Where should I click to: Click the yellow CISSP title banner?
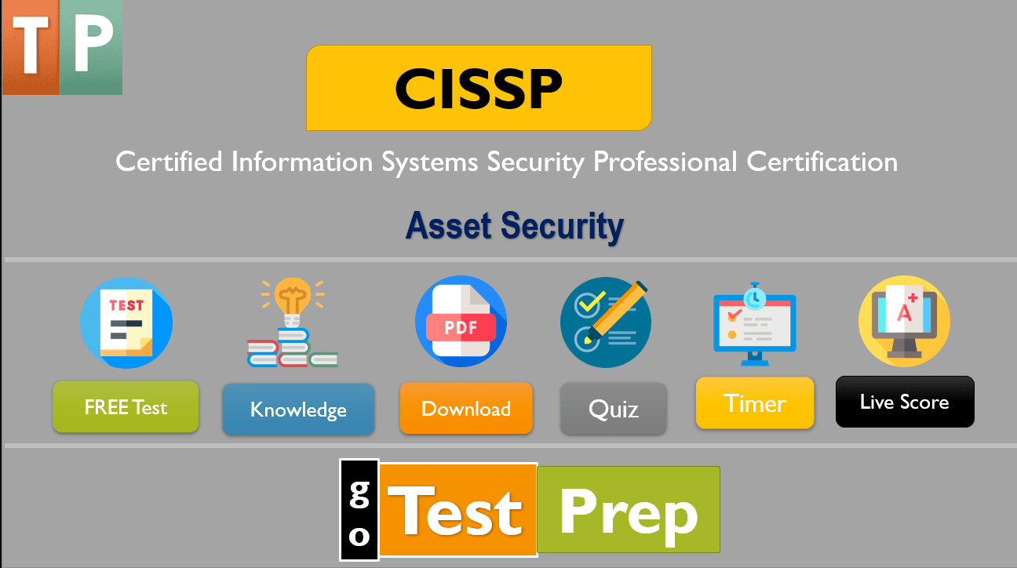click(x=479, y=88)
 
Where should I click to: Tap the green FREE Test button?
click(x=126, y=407)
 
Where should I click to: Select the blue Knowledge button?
click(x=298, y=410)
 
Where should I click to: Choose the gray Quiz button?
click(x=613, y=409)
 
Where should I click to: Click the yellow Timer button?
click(x=755, y=403)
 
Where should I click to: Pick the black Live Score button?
click(x=904, y=402)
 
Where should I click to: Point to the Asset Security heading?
click(x=515, y=226)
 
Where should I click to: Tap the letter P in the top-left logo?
click(x=91, y=47)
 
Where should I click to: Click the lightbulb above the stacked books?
click(x=292, y=302)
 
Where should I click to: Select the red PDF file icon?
click(x=461, y=322)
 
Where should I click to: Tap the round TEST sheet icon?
click(x=126, y=322)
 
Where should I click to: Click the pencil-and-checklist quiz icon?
click(x=606, y=322)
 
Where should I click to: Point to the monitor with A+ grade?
click(x=904, y=320)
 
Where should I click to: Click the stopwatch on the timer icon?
click(x=755, y=296)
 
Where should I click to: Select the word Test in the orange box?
click(x=459, y=510)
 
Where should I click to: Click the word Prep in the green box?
click(x=628, y=510)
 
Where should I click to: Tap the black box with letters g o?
click(x=359, y=510)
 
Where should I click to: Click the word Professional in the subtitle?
click(x=665, y=162)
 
